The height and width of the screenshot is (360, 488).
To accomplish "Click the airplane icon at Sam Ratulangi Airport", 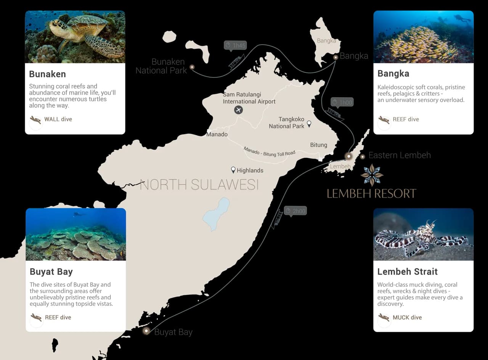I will click(x=238, y=110).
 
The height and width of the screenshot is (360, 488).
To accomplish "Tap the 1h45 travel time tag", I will click(x=235, y=45).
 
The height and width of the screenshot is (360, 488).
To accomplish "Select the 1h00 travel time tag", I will click(x=342, y=102).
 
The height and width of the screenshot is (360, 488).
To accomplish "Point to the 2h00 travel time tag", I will click(x=295, y=211).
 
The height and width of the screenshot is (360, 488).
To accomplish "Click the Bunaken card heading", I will click(x=47, y=74).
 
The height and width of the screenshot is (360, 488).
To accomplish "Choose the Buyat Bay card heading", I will click(x=51, y=272).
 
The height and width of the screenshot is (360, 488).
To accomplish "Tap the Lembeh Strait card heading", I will click(x=407, y=272).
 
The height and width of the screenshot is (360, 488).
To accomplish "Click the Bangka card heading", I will click(x=393, y=74).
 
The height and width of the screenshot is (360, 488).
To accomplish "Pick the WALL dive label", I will click(x=58, y=119).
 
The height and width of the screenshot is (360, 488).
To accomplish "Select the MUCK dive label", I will click(x=407, y=317).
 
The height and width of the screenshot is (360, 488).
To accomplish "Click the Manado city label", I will click(x=217, y=134).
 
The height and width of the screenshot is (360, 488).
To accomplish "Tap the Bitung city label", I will click(x=318, y=145).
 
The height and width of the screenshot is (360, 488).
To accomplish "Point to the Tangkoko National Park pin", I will click(x=309, y=124).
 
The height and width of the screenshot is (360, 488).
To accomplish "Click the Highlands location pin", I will click(x=233, y=170).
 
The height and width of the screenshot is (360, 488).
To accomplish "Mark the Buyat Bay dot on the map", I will click(x=146, y=331).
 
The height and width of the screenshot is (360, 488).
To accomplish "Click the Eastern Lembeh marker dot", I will click(x=363, y=156).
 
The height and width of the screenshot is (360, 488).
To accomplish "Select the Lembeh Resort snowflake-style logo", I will click(x=372, y=175).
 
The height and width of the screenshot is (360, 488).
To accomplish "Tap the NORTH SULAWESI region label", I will click(x=199, y=185).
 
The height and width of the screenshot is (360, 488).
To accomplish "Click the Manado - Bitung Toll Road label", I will click(x=270, y=151).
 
